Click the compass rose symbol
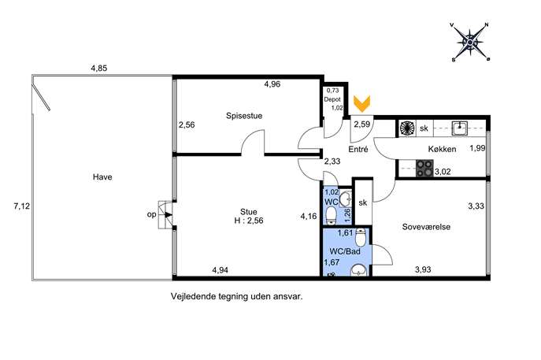coord(469,43)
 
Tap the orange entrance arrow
coord(361,103)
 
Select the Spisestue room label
coord(244,116)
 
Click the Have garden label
coord(102,176)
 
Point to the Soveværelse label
coord(426,227)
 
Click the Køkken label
coord(442,149)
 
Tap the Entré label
coord(358,149)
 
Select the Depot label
coord(332,99)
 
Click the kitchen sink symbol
coord(460,128)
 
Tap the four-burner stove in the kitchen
coord(424,169)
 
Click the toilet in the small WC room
coord(332,215)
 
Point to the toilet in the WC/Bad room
coord(361,236)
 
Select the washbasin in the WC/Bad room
coord(360,270)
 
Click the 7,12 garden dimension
coord(22,206)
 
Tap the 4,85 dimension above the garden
coord(99,69)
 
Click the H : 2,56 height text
coord(248,221)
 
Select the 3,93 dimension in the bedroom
coord(423,269)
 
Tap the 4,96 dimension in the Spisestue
coord(272,84)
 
